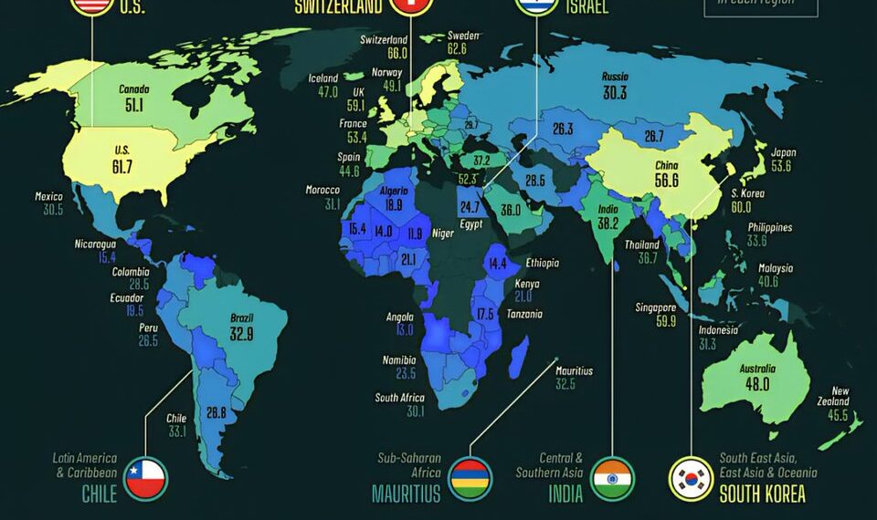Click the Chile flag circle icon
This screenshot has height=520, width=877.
pyautogui.click(x=145, y=478)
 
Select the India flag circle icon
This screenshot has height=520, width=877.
pyautogui.click(x=612, y=478)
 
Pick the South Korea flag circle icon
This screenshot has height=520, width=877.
pyautogui.click(x=692, y=478)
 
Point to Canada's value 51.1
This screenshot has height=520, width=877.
pyautogui.click(x=133, y=105)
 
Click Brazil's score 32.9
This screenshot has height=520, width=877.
pyautogui.click(x=241, y=334)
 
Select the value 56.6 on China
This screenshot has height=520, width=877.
pyautogui.click(x=666, y=181)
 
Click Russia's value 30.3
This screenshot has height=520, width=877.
pyautogui.click(x=614, y=93)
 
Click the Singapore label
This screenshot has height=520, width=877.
pyautogui.click(x=656, y=307)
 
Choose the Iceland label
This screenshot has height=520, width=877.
pyautogui.click(x=323, y=78)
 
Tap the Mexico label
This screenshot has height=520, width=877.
pyautogui.click(x=48, y=196)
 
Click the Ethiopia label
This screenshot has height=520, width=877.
pyautogui.click(x=542, y=263)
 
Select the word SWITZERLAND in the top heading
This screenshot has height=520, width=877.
pyautogui.click(x=336, y=7)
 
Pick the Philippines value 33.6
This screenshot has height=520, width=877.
pyautogui.click(x=756, y=242)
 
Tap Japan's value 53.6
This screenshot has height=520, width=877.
pyautogui.click(x=781, y=167)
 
